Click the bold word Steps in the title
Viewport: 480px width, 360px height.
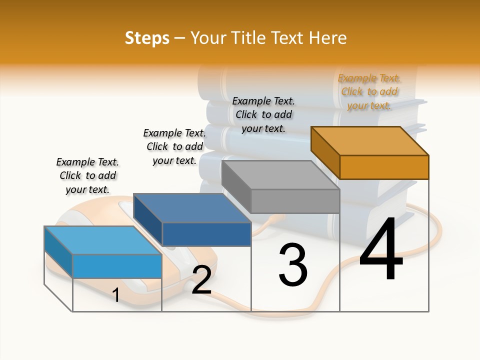point(147,38)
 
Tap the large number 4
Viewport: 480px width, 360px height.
point(381,250)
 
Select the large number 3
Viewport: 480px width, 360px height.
point(293,264)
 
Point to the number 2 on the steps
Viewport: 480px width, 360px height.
point(201,280)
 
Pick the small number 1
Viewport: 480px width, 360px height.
point(115,295)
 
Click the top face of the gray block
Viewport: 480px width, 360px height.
point(280,175)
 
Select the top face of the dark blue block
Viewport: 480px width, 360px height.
point(192,208)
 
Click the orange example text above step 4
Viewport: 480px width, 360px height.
point(369,91)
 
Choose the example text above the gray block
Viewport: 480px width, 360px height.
point(263,114)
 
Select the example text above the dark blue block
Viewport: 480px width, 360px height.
point(174,146)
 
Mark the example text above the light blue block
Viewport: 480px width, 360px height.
point(87,175)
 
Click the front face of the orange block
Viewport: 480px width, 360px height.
point(384,167)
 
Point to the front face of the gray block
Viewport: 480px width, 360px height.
point(295,201)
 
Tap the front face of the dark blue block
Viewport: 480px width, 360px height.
point(206,234)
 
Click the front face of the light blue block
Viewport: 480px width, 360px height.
point(117,266)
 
